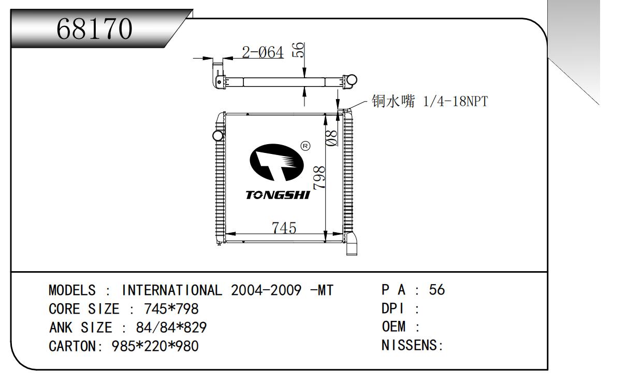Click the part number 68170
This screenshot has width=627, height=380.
click(95, 31)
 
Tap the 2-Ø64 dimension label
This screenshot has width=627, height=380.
click(263, 52)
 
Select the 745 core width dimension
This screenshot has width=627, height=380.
click(284, 228)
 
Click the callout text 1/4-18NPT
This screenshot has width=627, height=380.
click(455, 102)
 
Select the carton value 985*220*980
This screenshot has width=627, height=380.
click(155, 346)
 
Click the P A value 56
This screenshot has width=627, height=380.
click(437, 290)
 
